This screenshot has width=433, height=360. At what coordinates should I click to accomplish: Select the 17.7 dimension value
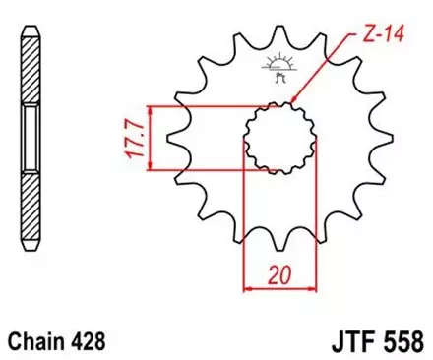tap(134, 137)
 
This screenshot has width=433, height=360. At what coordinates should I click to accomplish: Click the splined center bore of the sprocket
tap(278, 137)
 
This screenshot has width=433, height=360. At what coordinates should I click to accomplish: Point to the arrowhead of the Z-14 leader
tap(293, 100)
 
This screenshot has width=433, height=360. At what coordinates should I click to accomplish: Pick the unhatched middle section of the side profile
tap(31, 137)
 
